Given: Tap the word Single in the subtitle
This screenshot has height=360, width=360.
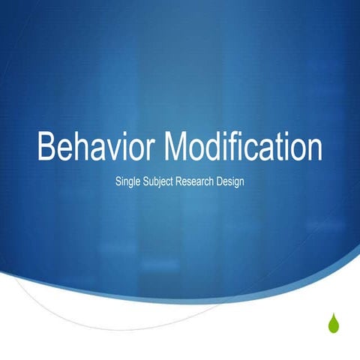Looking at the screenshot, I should pos(129,181).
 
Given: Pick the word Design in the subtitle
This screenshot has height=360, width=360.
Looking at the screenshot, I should pos(231,181).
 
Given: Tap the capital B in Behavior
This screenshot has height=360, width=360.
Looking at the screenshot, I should pos(47,146).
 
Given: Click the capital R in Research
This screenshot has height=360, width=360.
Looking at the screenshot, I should pos(178,181).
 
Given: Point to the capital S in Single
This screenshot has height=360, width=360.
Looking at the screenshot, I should pos(118,181).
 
